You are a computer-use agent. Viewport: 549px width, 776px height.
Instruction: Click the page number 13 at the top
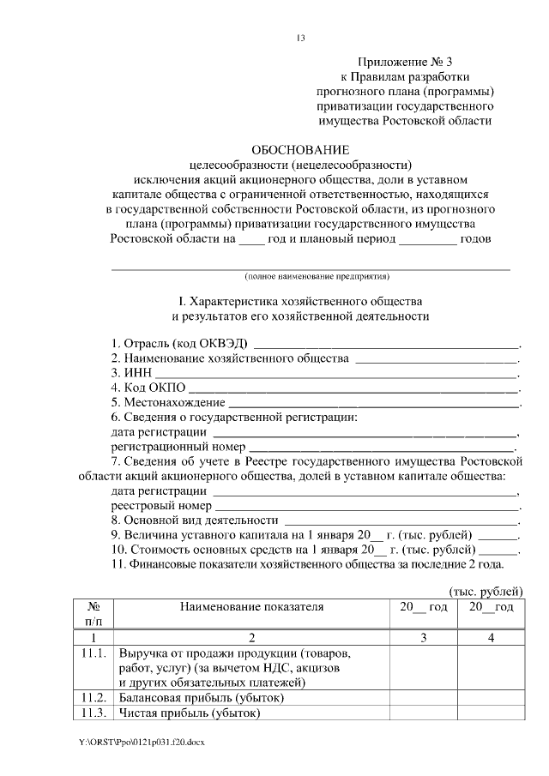299,39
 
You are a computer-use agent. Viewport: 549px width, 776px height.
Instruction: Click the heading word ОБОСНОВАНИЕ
300,149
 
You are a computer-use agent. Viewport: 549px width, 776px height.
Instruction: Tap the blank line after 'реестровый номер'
365,507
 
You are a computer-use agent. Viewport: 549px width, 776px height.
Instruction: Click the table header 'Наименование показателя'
251,607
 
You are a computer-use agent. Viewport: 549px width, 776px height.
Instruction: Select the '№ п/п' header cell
94,614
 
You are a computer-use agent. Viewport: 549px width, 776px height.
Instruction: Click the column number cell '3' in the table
423,638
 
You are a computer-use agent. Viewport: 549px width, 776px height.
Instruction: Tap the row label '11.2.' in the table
93,698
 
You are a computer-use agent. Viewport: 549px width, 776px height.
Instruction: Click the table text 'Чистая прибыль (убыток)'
189,713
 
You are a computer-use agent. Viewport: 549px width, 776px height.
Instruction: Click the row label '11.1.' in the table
93,653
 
